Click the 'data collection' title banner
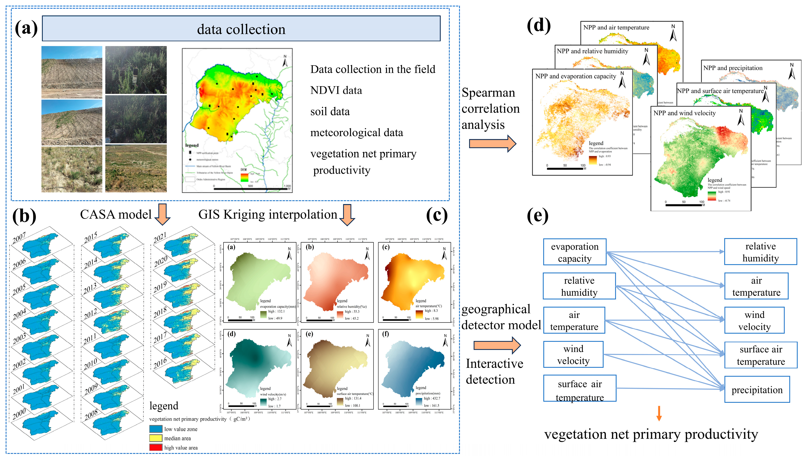tap(241, 29)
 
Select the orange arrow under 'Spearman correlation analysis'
tap(492, 143)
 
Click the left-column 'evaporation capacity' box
tap(575, 252)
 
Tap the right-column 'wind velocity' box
tap(754, 320)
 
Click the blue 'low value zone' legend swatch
tap(156, 429)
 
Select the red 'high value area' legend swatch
tap(156, 447)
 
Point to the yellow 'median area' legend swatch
tap(156, 438)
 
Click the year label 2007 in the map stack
tap(19, 238)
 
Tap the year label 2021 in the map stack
tap(160, 238)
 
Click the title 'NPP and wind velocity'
tap(684, 113)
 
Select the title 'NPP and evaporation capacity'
tap(576, 76)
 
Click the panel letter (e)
tap(537, 216)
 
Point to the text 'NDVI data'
tap(336, 90)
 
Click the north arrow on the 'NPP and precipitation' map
tap(791, 72)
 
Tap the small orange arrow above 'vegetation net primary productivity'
tap(659, 413)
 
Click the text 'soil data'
tap(330, 112)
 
